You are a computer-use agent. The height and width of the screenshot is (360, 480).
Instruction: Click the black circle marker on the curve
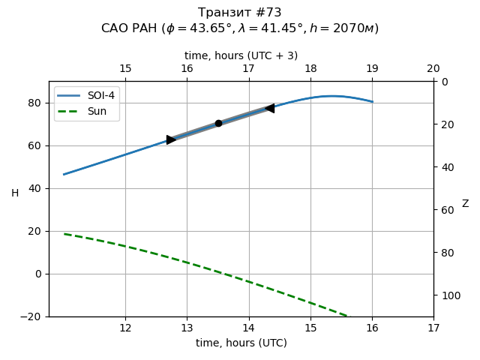click(x=218, y=123)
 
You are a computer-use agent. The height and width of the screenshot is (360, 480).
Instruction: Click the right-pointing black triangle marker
click(x=171, y=139)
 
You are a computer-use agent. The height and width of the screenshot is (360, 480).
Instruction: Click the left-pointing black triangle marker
click(x=269, y=108)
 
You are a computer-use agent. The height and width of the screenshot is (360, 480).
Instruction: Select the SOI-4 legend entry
click(x=86, y=96)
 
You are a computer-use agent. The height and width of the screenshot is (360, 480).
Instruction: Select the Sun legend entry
click(x=86, y=111)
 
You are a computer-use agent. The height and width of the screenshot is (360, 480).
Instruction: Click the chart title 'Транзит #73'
click(x=240, y=13)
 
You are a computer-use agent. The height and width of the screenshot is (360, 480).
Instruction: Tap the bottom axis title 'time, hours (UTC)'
click(x=241, y=343)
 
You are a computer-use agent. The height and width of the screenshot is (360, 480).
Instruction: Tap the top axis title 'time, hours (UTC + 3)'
click(x=241, y=55)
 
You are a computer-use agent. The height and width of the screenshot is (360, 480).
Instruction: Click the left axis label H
click(x=15, y=193)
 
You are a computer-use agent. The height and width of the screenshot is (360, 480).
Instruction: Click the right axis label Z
click(x=465, y=204)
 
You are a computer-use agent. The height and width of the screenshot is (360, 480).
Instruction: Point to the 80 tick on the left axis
click(x=37, y=103)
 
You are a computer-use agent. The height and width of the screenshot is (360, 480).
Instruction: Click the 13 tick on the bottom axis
click(x=187, y=328)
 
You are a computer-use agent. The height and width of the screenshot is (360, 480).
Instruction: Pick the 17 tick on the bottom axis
click(x=433, y=328)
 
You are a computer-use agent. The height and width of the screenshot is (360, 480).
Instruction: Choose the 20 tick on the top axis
click(x=433, y=69)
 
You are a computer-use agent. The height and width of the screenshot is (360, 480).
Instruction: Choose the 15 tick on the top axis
click(x=125, y=69)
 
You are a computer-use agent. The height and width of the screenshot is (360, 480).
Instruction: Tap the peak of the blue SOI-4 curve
click(x=332, y=96)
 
